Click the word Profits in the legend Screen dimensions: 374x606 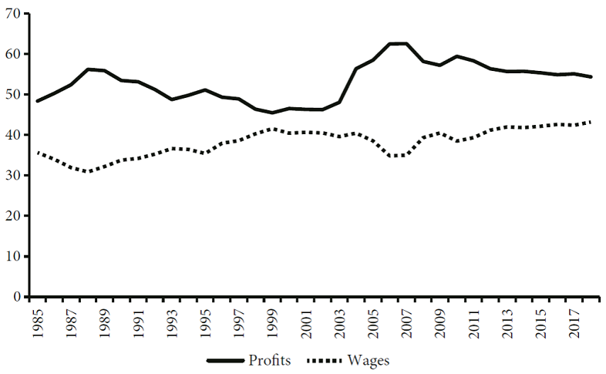tap(271, 359)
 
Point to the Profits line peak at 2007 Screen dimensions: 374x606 tap(406, 43)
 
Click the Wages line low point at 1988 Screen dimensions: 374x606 tap(87, 172)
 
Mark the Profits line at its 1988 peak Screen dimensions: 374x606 tap(87, 69)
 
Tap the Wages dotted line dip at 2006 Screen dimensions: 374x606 tap(390, 156)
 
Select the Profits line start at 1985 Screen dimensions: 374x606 tap(37, 101)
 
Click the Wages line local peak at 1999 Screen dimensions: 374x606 tap(272, 129)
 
